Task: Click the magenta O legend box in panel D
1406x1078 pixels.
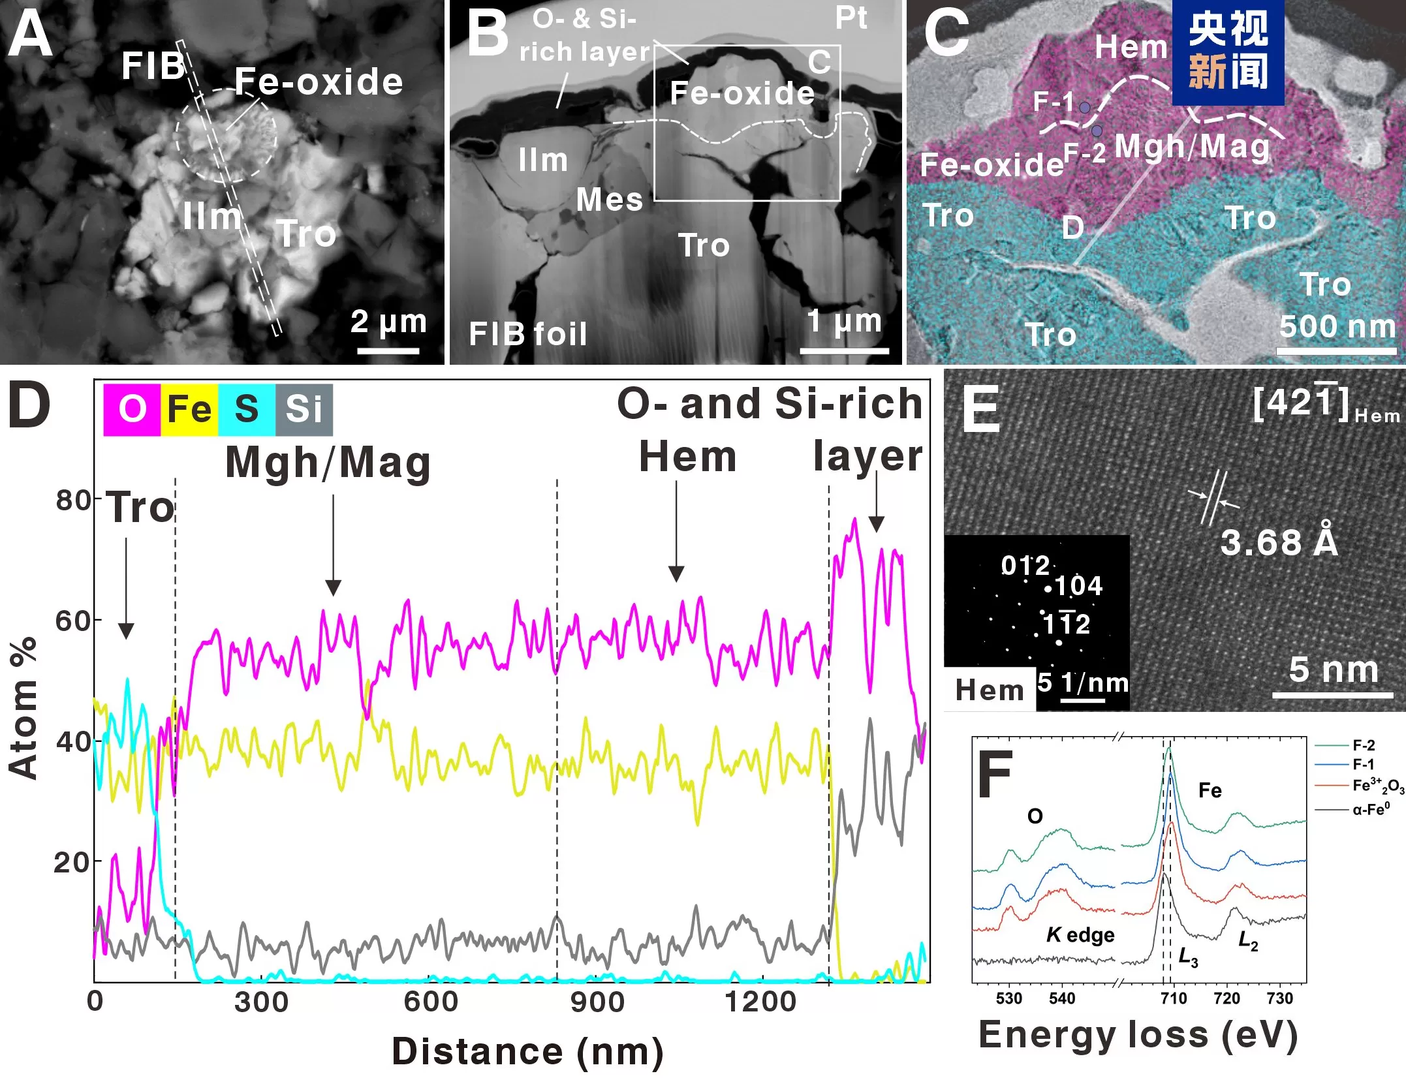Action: tap(132, 410)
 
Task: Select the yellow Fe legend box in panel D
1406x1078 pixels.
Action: tap(189, 410)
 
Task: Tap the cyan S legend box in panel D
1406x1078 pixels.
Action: tap(247, 410)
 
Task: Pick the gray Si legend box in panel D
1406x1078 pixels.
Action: tap(304, 410)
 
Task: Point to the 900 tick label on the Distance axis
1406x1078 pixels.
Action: tap(597, 1002)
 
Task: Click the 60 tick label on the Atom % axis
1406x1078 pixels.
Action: tap(73, 621)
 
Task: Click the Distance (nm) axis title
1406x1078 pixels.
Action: tap(527, 1052)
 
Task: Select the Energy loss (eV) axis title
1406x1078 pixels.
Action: tap(1138, 1035)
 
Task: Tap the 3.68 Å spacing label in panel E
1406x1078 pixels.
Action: tap(1279, 542)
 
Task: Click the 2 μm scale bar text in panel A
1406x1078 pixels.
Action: tap(388, 321)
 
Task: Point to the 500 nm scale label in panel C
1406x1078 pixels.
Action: tap(1337, 326)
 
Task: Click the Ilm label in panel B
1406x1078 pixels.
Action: tap(543, 160)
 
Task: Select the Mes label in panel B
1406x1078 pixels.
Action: tap(610, 200)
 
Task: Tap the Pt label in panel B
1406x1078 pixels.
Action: tap(851, 18)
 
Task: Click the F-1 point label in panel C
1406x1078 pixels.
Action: tap(1054, 102)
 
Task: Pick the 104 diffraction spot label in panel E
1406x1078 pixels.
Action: tap(1079, 586)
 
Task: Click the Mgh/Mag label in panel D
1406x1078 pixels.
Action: tap(328, 463)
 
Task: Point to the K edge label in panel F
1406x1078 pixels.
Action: tap(1081, 935)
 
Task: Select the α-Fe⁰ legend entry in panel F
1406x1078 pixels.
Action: tap(1371, 810)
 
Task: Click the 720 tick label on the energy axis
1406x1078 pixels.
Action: tap(1226, 999)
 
